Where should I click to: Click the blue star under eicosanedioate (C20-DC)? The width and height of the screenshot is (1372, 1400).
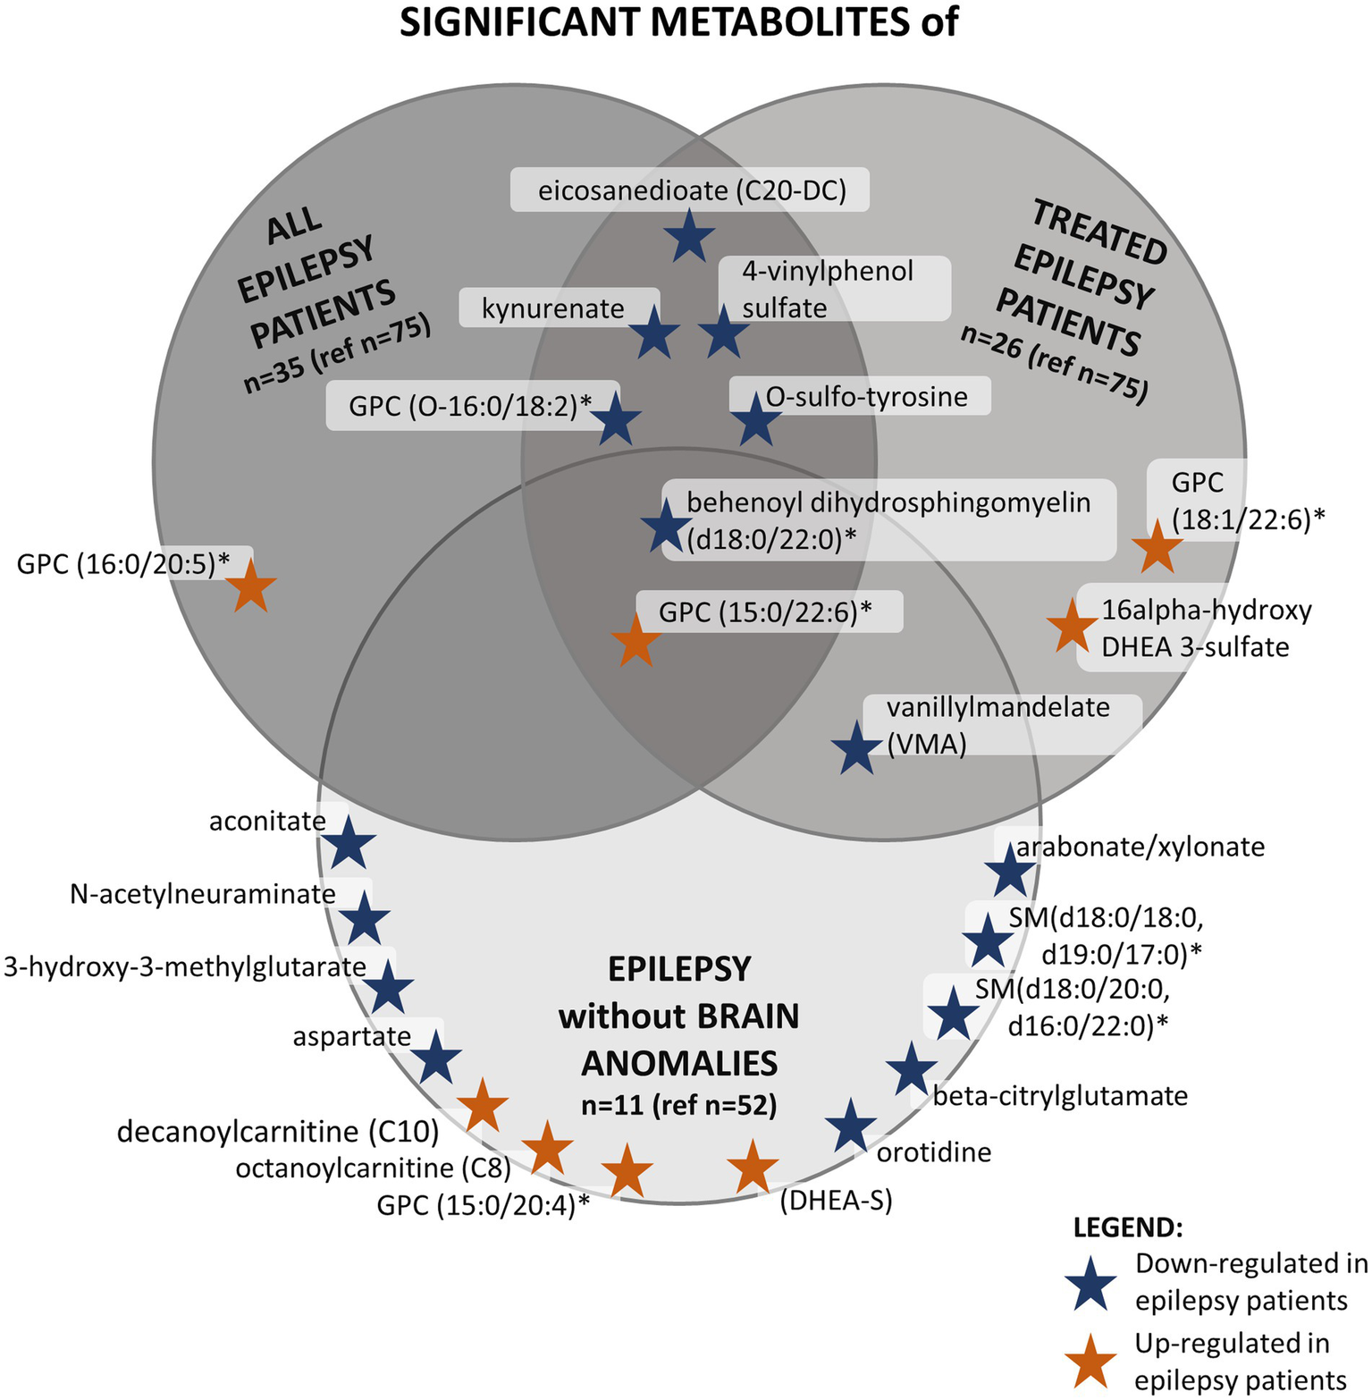point(689,237)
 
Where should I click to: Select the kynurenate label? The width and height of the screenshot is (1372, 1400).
point(552,308)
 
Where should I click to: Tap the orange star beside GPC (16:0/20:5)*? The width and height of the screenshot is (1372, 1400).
point(250,586)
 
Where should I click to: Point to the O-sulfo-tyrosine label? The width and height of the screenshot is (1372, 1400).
point(866,396)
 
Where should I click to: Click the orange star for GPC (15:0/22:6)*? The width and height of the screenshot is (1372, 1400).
point(635,641)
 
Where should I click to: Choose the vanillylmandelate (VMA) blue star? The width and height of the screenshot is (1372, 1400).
point(856,749)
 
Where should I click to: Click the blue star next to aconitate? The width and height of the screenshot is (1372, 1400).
point(349,843)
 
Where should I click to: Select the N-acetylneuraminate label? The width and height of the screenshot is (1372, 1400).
point(203,894)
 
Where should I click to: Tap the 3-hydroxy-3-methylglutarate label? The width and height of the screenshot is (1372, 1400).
point(185,966)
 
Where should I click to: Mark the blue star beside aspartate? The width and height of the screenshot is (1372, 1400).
point(435,1058)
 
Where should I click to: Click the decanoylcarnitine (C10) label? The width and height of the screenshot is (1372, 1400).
point(278,1132)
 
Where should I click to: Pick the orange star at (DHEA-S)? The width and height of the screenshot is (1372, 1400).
point(753,1168)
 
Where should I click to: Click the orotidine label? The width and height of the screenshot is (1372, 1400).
point(934,1151)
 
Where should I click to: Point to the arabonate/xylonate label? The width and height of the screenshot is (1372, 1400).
point(1141,846)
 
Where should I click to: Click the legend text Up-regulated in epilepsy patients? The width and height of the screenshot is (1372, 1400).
point(1241,1362)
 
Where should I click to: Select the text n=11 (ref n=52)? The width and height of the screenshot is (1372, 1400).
point(679,1106)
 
